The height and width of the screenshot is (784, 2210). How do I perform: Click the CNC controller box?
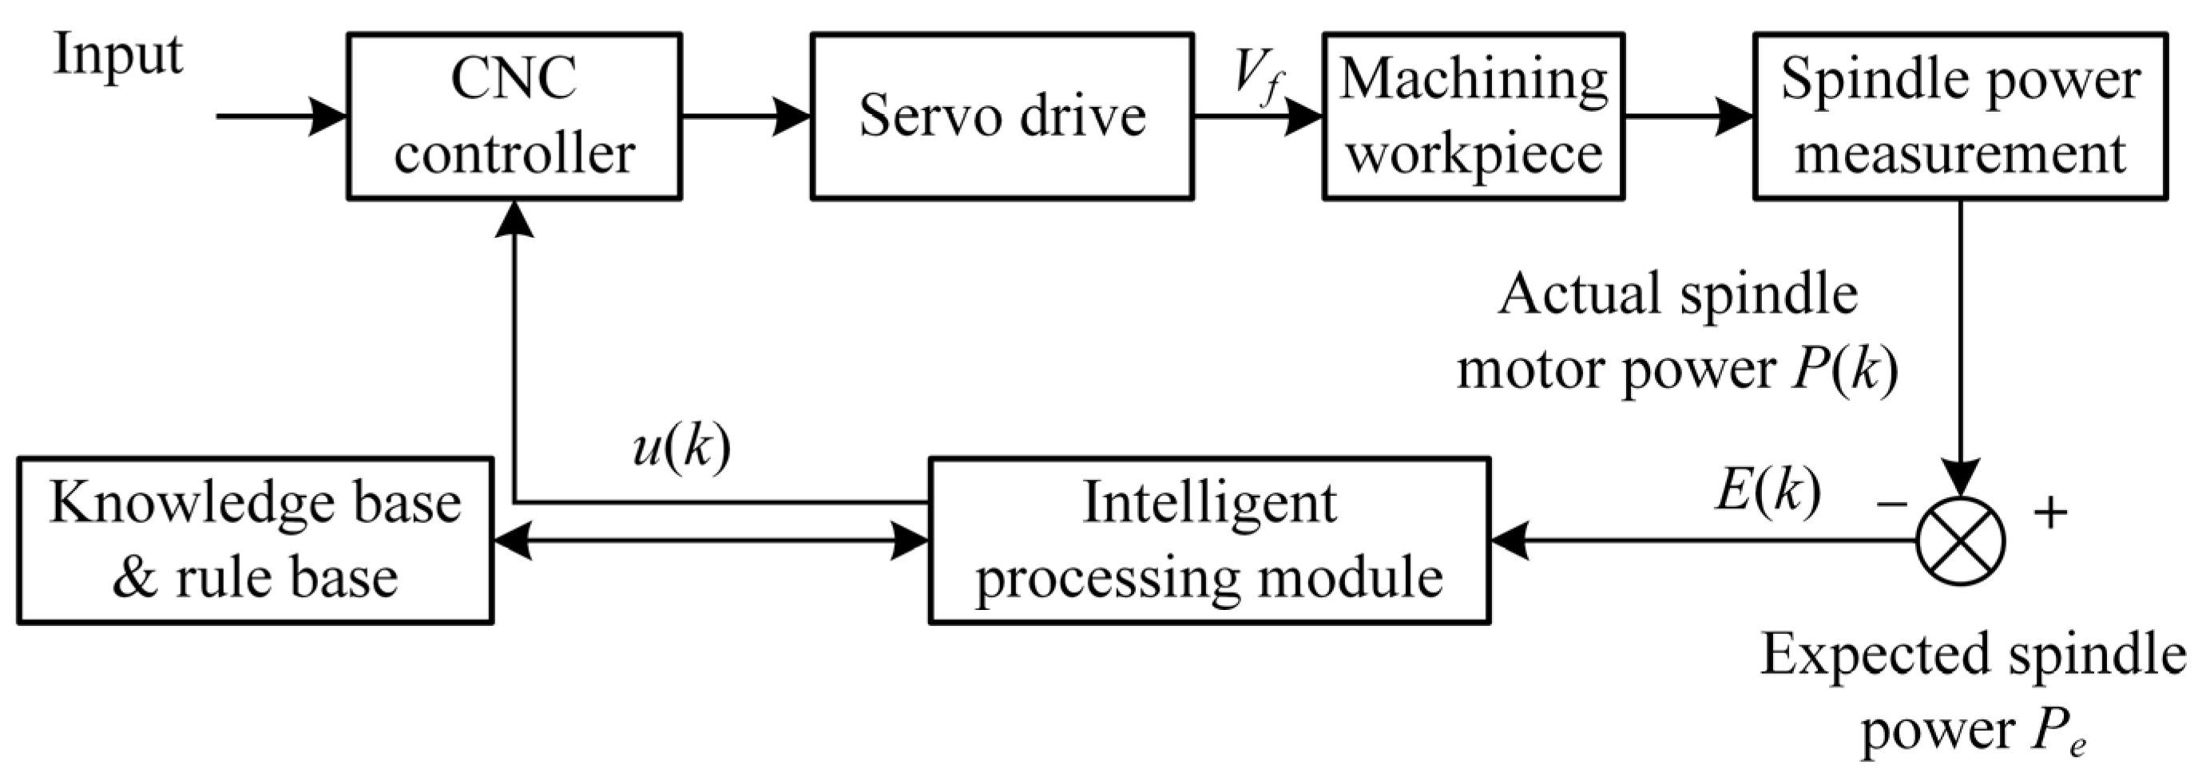pos(514,117)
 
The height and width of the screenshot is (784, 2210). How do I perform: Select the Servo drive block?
pos(1002,117)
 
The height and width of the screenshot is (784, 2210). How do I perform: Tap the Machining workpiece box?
pos(1473,117)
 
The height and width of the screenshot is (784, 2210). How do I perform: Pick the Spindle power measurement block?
pos(1959,117)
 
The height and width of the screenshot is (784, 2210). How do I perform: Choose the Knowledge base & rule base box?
pos(255,540)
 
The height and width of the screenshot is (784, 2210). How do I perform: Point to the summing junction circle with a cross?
pos(1960,541)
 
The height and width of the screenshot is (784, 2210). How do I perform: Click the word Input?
pos(117,57)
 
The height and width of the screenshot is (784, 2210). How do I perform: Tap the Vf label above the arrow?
pos(1258,76)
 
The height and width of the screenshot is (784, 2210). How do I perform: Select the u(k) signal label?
pos(681,448)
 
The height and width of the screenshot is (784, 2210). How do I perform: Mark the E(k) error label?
pos(1768,493)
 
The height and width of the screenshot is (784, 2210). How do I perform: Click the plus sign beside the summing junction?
pos(2050,513)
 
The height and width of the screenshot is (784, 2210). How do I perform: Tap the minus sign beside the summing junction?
pos(1891,505)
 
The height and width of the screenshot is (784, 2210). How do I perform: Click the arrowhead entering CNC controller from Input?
pos(327,116)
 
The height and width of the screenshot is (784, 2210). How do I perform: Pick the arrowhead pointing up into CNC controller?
pos(514,219)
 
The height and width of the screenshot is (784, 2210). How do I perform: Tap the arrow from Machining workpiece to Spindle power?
pos(1688,116)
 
